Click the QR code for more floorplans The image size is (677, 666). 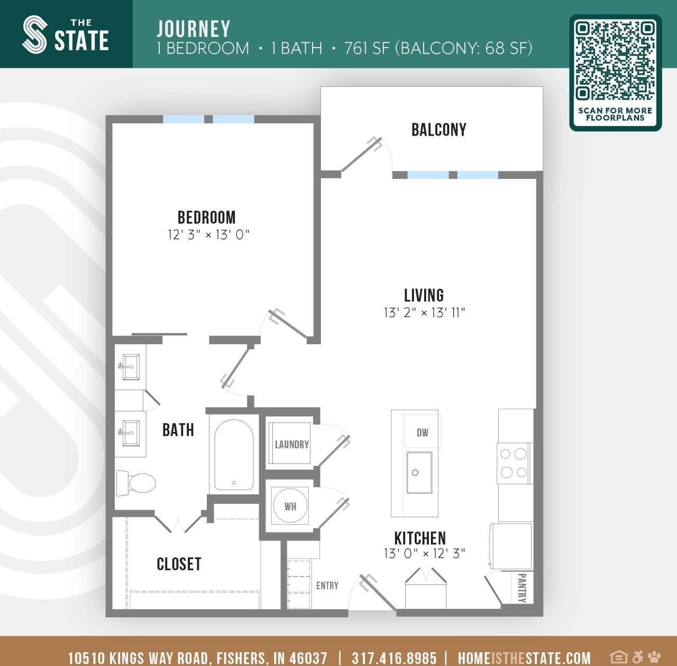point(615,60)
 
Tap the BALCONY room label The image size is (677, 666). point(438,130)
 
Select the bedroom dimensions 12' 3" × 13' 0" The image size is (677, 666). point(208,235)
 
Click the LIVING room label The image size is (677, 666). point(424,295)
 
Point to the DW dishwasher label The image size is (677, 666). point(422,433)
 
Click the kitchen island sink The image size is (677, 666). point(419,472)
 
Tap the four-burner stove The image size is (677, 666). point(514,463)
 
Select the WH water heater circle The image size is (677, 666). point(290,506)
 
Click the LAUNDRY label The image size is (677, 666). point(291,445)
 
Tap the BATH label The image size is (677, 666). point(178,430)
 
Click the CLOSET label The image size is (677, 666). point(179,564)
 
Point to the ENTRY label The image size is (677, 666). point(327,586)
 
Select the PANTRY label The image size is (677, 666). point(522,588)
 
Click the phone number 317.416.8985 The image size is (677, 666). point(394,658)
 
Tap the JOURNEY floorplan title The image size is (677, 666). point(194,29)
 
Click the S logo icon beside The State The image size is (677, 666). point(35,34)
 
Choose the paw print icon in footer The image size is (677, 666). point(654,657)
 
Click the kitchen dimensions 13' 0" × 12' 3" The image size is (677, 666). point(424,554)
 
